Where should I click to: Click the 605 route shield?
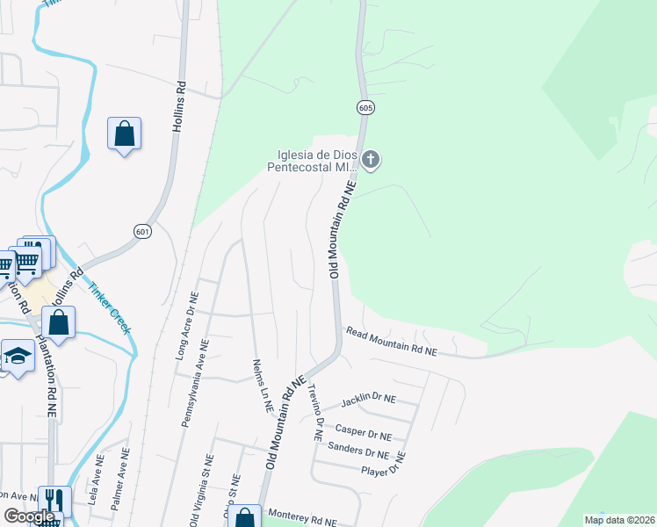[366, 107]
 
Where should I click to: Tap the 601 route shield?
[142, 230]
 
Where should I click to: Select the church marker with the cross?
[371, 159]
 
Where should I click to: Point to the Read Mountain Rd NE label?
[391, 342]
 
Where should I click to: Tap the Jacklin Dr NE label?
[368, 400]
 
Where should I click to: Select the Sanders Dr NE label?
[357, 452]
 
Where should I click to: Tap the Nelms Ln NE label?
[260, 386]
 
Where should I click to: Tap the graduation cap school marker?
[16, 356]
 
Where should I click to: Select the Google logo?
[29, 516]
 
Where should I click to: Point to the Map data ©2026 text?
[618, 520]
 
